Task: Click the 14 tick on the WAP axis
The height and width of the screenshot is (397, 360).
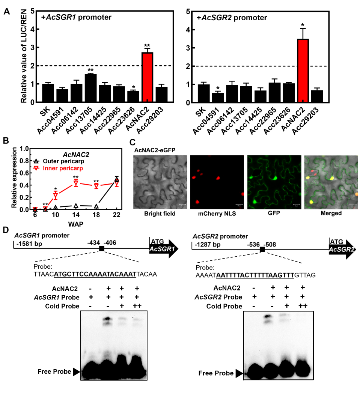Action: [76, 215]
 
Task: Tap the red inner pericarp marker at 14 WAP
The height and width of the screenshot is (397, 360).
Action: [76, 183]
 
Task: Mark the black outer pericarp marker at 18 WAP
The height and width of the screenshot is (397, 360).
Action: [96, 206]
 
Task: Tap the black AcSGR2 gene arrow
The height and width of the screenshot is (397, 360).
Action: [342, 249]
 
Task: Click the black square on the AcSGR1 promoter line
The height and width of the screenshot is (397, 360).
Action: [101, 248]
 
